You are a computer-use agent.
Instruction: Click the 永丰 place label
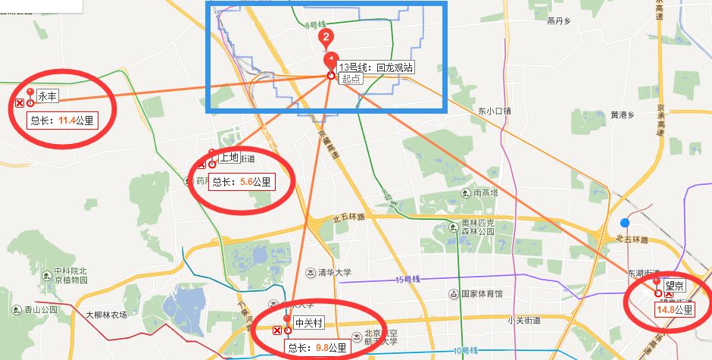48,96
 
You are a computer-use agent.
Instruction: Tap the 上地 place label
229,158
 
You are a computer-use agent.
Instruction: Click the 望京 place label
674,286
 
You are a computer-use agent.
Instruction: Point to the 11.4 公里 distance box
63,120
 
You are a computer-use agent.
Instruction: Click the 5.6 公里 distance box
241,182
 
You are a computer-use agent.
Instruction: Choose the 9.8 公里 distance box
317,348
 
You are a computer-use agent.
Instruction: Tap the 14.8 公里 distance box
675,310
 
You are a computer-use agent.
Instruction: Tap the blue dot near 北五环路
625,223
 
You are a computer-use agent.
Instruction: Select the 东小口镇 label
495,111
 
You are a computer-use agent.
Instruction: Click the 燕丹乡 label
561,21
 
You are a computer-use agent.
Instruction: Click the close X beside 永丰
19,103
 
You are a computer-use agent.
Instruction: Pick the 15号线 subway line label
408,280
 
